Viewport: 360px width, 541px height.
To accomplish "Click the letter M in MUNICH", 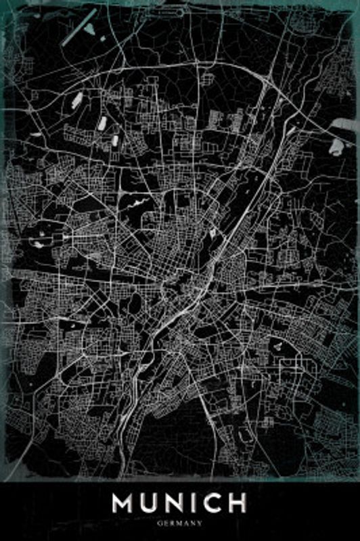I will click(x=124, y=503).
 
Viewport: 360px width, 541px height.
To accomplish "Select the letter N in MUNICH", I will click(x=178, y=503).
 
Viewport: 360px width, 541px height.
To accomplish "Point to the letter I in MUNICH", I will click(x=196, y=503).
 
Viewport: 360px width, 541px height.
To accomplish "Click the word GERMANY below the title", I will click(x=180, y=523).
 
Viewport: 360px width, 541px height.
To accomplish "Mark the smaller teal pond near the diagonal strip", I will click(x=102, y=39).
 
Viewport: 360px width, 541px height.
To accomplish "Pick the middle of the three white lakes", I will click(x=102, y=123).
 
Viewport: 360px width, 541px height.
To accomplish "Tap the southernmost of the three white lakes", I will click(x=115, y=141).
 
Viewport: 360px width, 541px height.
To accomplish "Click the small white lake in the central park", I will click(x=212, y=233).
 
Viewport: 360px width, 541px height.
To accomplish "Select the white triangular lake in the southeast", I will click(x=277, y=344).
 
